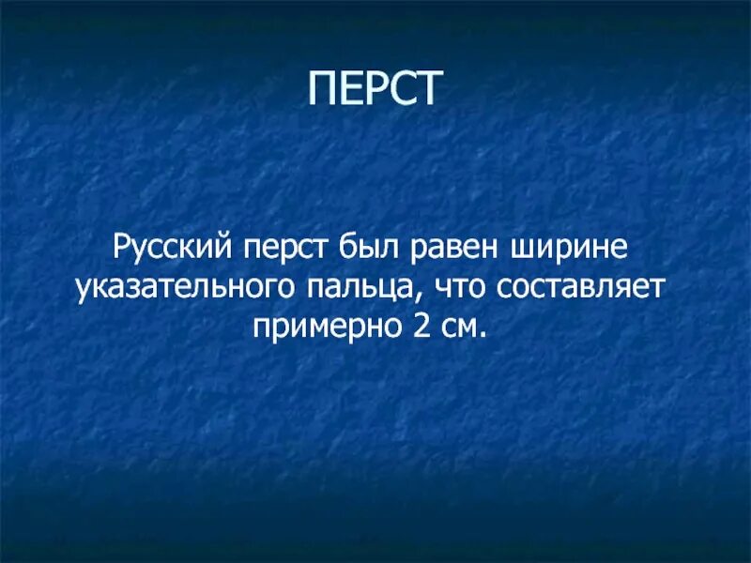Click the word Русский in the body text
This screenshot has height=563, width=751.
point(172,250)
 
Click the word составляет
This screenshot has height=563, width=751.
point(573,289)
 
